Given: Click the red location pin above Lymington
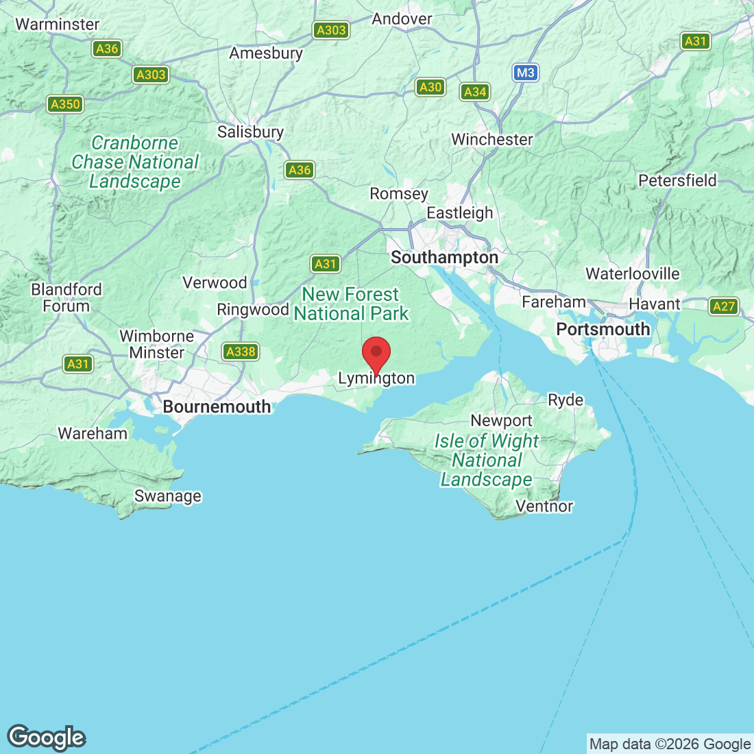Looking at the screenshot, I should pos(376,353).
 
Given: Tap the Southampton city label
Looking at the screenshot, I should pos(444,258).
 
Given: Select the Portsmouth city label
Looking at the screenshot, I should pos(603,329).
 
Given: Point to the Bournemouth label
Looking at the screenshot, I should pos(217,406).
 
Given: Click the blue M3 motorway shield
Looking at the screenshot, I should pos(525,73).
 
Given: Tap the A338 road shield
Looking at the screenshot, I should pos(241,352).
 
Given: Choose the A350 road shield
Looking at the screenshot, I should pos(66,104).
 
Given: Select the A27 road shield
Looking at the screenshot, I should pos(724,306).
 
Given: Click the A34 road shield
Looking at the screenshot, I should pos(475,92).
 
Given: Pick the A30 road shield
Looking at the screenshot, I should pos(430,87).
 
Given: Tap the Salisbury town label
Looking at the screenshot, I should pos(250,132).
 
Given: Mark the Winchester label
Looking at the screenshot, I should pos(491,139).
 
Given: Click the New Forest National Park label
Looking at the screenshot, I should pos(351,304).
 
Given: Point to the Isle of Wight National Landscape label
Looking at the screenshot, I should pos(487,460).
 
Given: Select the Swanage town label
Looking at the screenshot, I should pos(168,496).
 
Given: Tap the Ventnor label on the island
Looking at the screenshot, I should pos(544,506).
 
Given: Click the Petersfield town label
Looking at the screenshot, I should pos(677,180).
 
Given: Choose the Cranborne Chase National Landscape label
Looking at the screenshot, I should pos(135,162).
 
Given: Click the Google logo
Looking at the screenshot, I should pos(47,738).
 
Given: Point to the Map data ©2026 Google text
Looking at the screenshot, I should pos(670,744).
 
